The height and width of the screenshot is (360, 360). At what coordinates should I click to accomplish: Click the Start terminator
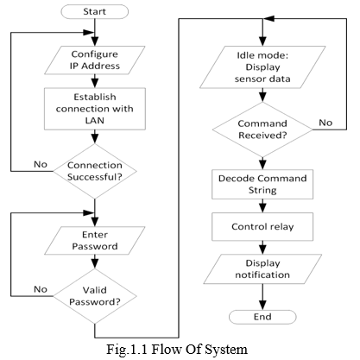click(95, 12)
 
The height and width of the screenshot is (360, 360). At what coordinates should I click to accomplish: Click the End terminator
click(262, 317)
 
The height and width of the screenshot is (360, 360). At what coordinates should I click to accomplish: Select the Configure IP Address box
click(95, 60)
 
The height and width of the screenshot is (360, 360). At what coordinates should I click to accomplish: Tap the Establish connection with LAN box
click(95, 109)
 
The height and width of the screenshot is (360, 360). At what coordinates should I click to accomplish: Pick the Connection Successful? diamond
click(95, 171)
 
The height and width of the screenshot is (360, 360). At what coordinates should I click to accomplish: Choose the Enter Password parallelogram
click(95, 241)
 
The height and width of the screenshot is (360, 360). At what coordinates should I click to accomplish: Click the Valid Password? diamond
click(95, 296)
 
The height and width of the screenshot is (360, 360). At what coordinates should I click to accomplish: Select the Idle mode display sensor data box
click(262, 67)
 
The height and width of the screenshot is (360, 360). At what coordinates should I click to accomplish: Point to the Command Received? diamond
click(262, 129)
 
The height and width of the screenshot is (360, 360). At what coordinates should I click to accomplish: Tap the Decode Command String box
click(262, 185)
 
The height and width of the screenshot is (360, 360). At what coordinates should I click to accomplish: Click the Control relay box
click(262, 227)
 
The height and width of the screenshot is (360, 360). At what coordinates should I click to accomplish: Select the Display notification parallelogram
click(262, 269)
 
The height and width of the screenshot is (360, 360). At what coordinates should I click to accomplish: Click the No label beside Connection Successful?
click(41, 164)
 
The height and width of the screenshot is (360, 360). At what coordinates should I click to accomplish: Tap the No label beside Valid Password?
click(41, 289)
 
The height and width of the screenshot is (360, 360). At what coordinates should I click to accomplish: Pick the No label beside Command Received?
click(325, 123)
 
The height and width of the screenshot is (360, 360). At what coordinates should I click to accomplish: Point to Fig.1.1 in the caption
click(127, 350)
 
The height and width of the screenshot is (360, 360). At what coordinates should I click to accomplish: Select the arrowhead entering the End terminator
click(262, 306)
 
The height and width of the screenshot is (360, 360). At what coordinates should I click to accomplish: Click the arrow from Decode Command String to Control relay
click(262, 206)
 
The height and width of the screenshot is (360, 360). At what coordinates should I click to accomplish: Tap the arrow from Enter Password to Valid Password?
click(95, 262)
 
